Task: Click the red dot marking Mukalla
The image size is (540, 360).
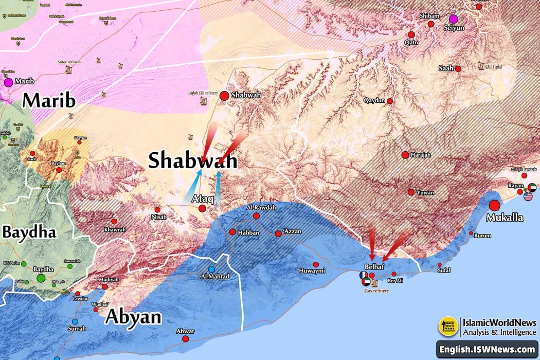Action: tap(495, 205)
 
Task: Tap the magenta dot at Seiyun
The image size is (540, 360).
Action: tap(454, 19)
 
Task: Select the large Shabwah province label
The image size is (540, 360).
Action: tap(193, 160)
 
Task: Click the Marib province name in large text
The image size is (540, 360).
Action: tap(49, 100)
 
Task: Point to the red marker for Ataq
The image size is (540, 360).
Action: tap(202, 208)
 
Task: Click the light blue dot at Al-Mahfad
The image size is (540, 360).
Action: tap(211, 269)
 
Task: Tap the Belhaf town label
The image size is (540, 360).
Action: tap(374, 267)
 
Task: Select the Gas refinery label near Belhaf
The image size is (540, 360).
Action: tap(376, 291)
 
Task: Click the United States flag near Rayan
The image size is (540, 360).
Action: tap(528, 196)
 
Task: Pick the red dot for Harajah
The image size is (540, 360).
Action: tap(405, 155)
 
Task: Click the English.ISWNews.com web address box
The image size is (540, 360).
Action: tap(487, 350)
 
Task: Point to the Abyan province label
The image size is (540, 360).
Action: tap(133, 317)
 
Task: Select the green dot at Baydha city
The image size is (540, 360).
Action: tap(41, 278)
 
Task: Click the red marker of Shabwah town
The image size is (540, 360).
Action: tap(224, 96)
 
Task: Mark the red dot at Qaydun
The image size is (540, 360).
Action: tap(390, 101)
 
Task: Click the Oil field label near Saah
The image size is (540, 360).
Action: tap(493, 66)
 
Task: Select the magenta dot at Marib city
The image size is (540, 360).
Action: tap(8, 82)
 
